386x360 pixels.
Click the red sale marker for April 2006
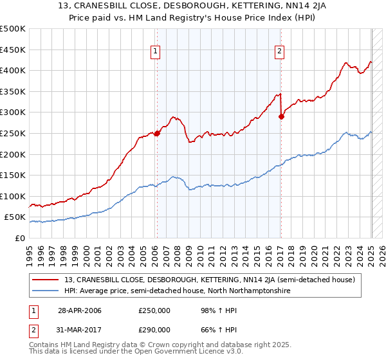coord(157,134)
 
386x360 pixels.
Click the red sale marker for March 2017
coord(281,116)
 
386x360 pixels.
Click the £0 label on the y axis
coord(19,239)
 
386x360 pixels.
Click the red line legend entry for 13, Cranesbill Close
coord(210,280)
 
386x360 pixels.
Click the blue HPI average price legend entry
coord(178,291)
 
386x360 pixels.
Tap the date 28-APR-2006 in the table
coord(80,311)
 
